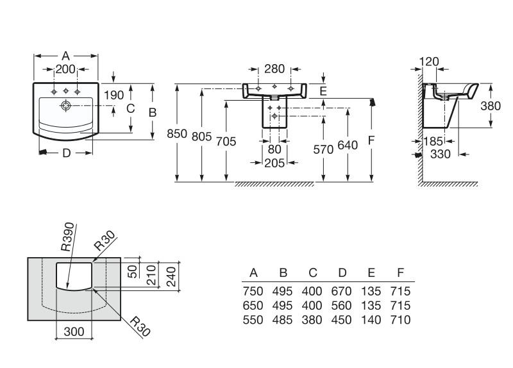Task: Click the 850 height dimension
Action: pyautogui.click(x=177, y=134)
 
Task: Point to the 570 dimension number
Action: pyautogui.click(x=323, y=149)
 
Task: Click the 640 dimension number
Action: pyautogui.click(x=347, y=146)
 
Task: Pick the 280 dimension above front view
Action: pyautogui.click(x=274, y=69)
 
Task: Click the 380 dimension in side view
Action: pyautogui.click(x=491, y=106)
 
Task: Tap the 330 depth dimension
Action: pyautogui.click(x=439, y=154)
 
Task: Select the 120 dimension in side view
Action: pyautogui.click(x=429, y=62)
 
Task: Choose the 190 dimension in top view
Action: pyautogui.click(x=114, y=95)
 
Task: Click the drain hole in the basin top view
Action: pyautogui.click(x=66, y=105)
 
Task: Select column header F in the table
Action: pyautogui.click(x=401, y=272)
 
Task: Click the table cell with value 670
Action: pyautogui.click(x=341, y=291)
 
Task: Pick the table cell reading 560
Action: pyautogui.click(x=341, y=305)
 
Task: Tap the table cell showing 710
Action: pyautogui.click(x=400, y=319)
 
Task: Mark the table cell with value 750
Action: pyautogui.click(x=254, y=291)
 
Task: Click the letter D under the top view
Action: pyautogui.click(x=66, y=153)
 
